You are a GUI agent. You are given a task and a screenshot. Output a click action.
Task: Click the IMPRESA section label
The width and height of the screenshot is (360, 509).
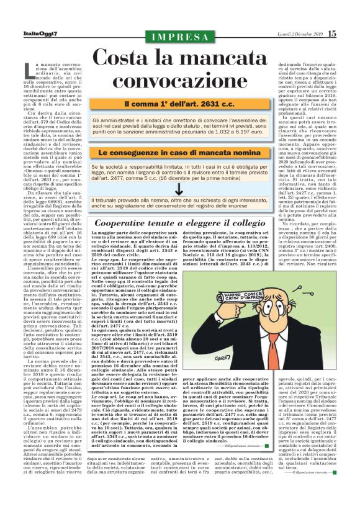tap(181, 37)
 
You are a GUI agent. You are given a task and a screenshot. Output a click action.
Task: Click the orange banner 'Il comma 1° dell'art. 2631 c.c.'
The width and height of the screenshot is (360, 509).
tap(181, 104)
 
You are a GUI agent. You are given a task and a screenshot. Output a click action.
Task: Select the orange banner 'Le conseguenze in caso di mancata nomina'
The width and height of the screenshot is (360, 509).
tap(181, 152)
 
